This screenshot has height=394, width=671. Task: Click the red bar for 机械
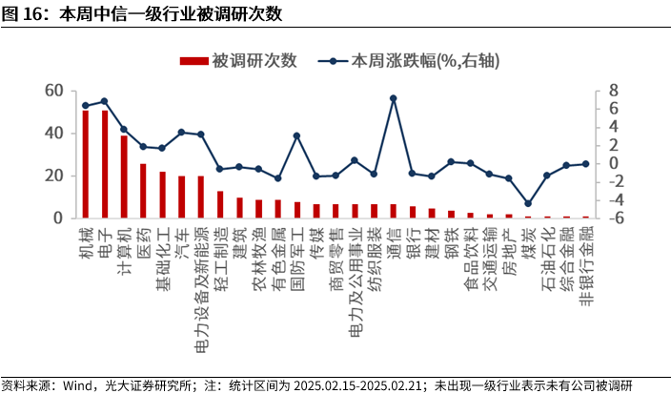click(86, 165)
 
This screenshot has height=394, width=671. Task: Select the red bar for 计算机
click(124, 177)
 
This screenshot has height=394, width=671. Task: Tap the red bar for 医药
click(143, 191)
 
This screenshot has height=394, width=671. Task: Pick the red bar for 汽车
click(181, 197)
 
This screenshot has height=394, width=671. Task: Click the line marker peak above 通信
click(393, 98)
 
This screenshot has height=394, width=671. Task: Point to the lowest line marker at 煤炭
click(527, 203)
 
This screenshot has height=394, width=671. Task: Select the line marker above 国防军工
click(296, 135)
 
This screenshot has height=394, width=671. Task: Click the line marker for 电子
click(105, 101)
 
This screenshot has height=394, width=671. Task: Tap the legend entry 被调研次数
click(238, 60)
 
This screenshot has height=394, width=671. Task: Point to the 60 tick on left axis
click(53, 91)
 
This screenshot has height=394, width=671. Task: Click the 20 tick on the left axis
click(53, 176)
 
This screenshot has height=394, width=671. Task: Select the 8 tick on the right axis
click(614, 91)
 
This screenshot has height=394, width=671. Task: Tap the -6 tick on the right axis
click(612, 218)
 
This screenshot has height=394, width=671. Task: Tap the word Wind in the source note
click(78, 384)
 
